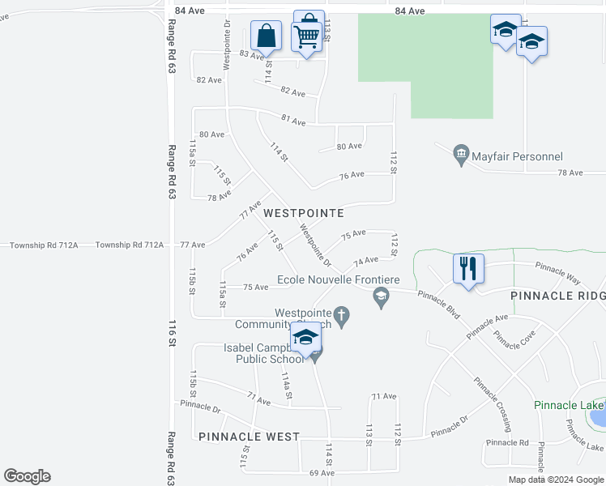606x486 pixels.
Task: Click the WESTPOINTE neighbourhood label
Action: [304, 213]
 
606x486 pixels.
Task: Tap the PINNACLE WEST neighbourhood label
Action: [249, 437]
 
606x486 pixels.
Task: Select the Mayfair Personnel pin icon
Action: [461, 153]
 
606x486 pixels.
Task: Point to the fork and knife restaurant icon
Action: [468, 268]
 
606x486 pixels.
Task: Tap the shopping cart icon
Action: [305, 36]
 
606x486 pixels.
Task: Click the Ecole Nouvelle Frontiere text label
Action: [339, 280]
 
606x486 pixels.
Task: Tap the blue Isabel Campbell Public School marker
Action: [307, 338]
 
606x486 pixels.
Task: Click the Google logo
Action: [27, 476]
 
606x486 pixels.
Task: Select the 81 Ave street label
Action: [292, 122]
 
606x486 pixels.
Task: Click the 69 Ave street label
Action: [322, 472]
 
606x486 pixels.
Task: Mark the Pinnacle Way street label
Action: [557, 272]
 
